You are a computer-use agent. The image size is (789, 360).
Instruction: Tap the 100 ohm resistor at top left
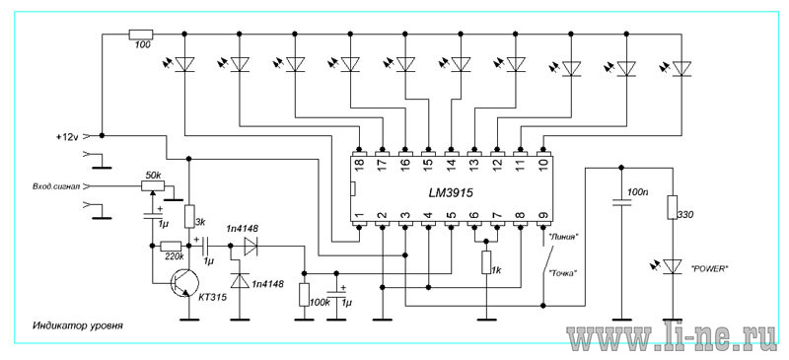coord(141,35)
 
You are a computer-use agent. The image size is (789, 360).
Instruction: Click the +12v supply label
coord(67,136)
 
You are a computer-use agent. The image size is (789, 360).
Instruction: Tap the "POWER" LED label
coord(712,269)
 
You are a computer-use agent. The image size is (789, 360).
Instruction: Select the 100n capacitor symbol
coord(621,203)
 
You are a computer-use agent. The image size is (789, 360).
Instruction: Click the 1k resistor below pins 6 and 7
coord(486,262)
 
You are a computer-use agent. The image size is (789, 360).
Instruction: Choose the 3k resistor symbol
coord(189,216)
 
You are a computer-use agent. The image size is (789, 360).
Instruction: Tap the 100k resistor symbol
coord(304,295)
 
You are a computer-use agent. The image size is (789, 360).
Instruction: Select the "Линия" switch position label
coord(561,237)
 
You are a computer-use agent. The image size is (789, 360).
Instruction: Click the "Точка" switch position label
coord(562,273)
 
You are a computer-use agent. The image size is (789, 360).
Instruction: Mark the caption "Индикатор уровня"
coord(78,325)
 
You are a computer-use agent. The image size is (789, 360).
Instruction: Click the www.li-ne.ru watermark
coord(673,339)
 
